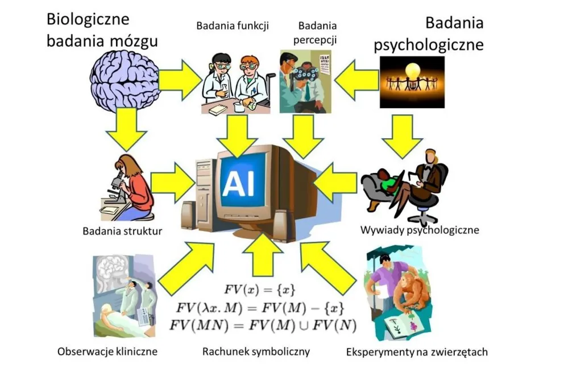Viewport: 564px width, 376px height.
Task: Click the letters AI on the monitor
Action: pos(238,183)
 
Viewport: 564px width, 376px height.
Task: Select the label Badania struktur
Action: pos(122,231)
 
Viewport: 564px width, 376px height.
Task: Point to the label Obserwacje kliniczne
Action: pos(107,351)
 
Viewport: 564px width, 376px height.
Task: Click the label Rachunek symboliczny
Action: pos(256,351)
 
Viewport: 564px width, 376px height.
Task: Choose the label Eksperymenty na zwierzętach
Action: pos(417,352)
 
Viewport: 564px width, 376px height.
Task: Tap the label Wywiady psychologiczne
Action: pos(420,230)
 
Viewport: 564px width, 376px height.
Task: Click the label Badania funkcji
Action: pos(233,26)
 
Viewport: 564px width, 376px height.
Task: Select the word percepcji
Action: pos(315,40)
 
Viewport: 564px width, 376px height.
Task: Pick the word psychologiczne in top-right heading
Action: pos(428,45)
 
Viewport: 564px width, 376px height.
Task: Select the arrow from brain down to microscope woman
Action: pos(126,130)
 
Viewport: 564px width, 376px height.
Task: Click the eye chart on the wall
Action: pos(325,64)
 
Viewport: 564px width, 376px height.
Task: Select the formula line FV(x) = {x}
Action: pos(260,290)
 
